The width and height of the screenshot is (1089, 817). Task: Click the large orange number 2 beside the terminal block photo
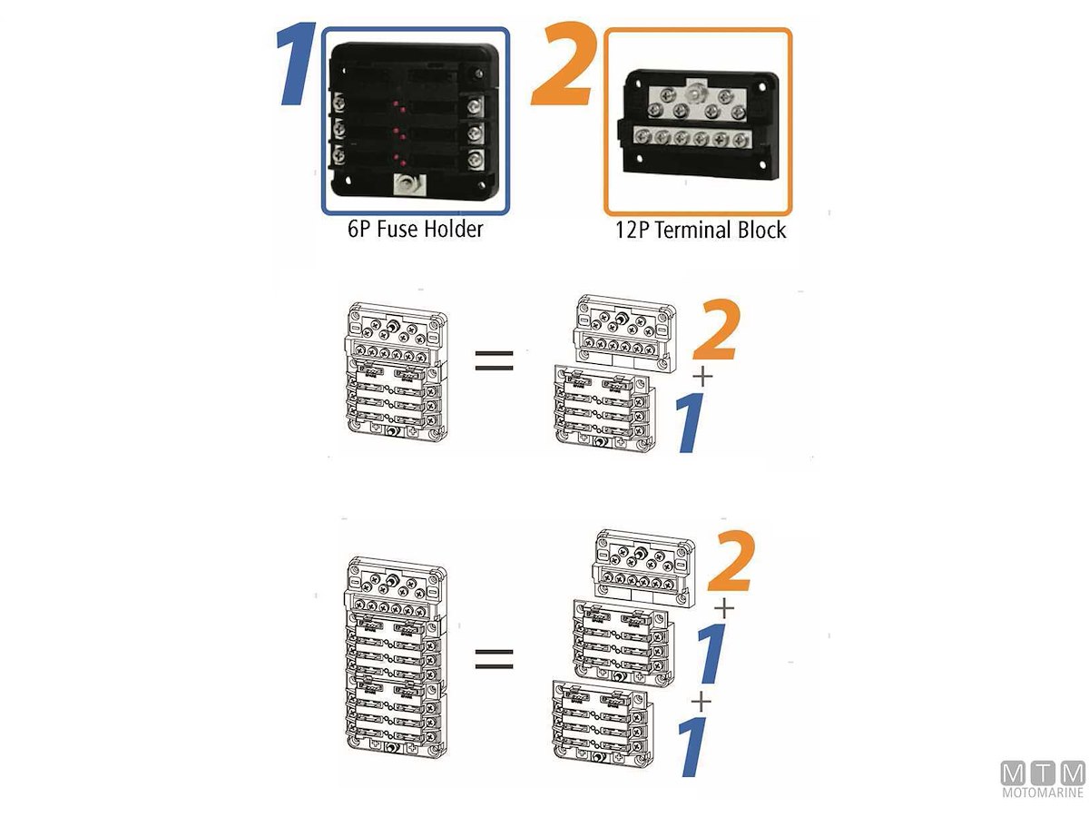tap(562, 64)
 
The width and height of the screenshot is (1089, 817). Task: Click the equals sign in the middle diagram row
tap(494, 361)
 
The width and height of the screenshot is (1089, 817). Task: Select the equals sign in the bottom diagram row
tap(494, 659)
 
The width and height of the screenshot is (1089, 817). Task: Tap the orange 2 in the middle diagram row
tap(716, 330)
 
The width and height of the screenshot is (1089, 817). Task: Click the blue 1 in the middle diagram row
tap(692, 422)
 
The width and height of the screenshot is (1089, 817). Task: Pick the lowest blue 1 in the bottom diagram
tap(692, 746)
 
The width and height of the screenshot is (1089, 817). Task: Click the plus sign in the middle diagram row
tap(702, 378)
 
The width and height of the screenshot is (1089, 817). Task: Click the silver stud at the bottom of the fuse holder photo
tap(407, 187)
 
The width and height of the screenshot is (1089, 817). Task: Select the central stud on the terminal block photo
tap(692, 94)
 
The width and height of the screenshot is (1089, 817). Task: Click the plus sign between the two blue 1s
tap(701, 702)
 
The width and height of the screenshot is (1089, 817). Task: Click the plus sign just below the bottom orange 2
tap(724, 608)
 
